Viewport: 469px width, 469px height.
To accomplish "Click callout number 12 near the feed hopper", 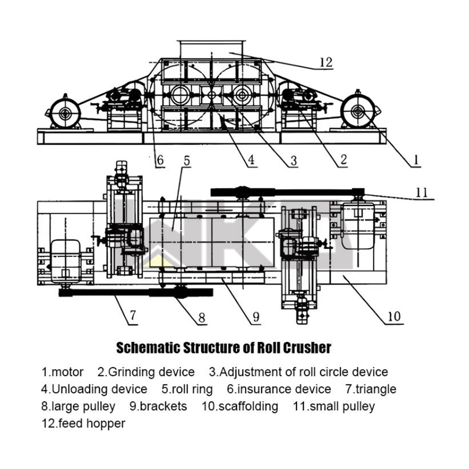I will tap(325, 62).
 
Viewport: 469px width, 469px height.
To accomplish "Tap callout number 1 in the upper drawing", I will tap(415, 160).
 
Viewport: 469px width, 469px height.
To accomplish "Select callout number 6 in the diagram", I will tap(160, 160).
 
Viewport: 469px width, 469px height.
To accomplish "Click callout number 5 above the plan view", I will tap(187, 161).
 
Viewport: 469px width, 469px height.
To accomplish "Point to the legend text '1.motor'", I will tap(63, 372).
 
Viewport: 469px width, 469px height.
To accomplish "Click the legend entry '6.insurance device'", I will tap(279, 389).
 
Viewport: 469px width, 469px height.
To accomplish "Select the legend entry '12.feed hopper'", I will tap(83, 424).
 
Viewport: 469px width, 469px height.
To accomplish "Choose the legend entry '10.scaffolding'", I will tap(240, 406).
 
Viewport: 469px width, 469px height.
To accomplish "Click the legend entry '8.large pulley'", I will tap(78, 406).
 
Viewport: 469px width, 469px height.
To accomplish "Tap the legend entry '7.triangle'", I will tap(371, 389).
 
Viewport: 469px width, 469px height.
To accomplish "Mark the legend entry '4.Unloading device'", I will tap(94, 389).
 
